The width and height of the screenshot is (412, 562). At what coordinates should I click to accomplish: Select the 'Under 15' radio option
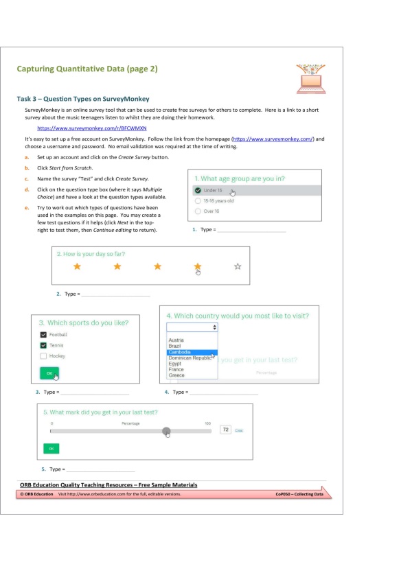[198, 190]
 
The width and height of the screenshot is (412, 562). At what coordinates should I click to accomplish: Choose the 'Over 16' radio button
[198, 211]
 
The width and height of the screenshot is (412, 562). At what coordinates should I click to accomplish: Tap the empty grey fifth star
[238, 266]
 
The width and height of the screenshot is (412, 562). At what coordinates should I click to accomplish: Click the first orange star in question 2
[77, 266]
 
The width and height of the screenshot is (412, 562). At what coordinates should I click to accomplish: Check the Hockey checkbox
[43, 356]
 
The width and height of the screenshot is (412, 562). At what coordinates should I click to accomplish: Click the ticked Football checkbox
[43, 335]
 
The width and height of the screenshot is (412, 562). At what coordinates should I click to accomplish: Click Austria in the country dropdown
[176, 340]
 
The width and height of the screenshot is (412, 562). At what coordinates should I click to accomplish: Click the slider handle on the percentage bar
[166, 431]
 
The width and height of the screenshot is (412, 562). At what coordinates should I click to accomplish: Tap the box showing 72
[225, 430]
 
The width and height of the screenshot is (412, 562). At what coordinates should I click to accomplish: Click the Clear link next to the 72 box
[239, 430]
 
